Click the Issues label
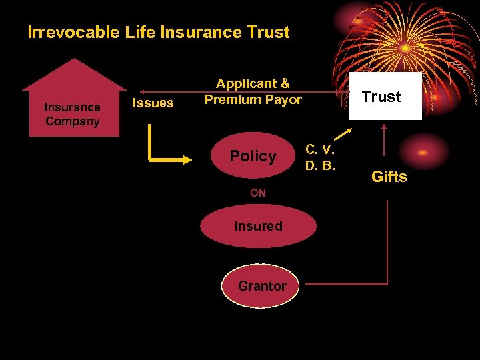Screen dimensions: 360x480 [153, 103]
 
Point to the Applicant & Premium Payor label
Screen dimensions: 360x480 [253, 92]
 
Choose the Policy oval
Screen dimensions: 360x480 [254, 156]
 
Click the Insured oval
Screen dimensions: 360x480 [258, 226]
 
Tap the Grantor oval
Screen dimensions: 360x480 [261, 286]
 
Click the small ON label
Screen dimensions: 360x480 [258, 193]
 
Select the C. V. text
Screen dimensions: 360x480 [320, 149]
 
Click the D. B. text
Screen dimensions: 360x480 [320, 164]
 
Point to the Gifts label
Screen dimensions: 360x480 [389, 177]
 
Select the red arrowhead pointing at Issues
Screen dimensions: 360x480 [143, 91]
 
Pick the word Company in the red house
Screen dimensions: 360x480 [73, 121]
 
